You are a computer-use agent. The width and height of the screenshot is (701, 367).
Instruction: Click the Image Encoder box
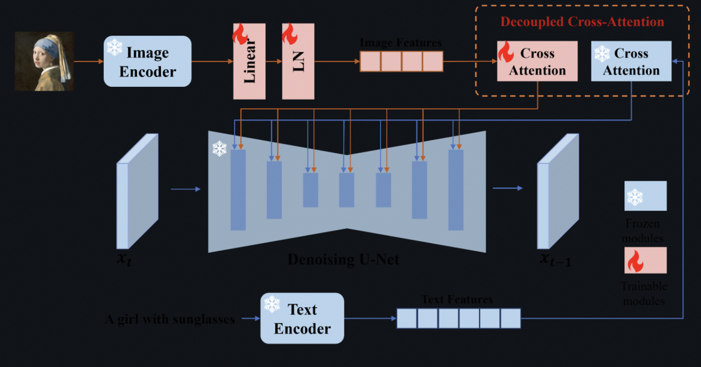[148, 62]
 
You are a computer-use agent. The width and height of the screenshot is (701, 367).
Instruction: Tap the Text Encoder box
[302, 318]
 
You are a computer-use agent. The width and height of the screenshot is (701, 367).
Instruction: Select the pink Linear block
[249, 62]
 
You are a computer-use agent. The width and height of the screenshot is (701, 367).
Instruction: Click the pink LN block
[298, 62]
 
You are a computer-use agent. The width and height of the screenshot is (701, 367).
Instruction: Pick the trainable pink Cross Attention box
[537, 62]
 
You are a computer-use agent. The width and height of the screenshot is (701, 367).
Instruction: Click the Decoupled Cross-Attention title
[582, 22]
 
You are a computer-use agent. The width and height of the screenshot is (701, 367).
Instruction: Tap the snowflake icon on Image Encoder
[115, 47]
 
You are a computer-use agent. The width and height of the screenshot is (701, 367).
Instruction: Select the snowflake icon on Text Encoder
[271, 304]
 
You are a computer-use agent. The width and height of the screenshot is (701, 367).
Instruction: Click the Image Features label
[400, 43]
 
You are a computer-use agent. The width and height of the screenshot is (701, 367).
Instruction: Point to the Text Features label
[457, 300]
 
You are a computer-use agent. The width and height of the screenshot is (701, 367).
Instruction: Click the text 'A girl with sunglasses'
[170, 319]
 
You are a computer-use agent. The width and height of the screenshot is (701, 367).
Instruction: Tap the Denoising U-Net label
[343, 260]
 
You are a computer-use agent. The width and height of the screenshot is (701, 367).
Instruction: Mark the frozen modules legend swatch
[645, 196]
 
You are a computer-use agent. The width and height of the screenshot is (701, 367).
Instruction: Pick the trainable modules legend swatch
[645, 260]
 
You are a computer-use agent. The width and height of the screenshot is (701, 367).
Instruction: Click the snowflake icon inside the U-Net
[219, 149]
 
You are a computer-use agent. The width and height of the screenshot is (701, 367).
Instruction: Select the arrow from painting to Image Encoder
[87, 62]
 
